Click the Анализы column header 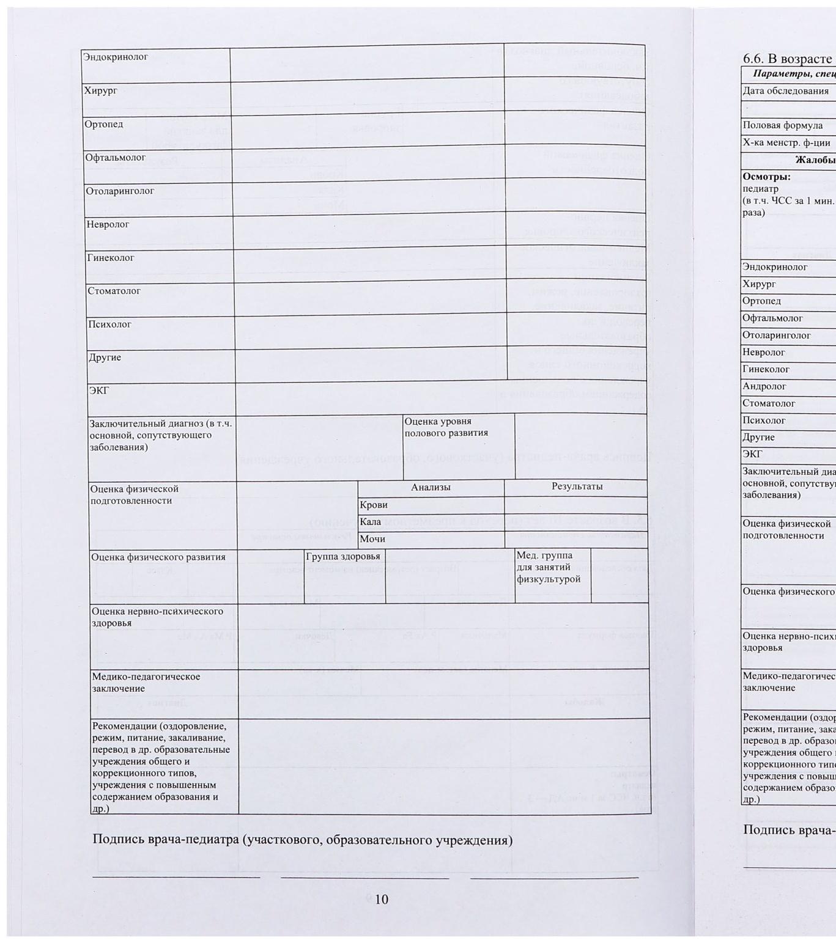(x=431, y=487)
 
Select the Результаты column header (x=577, y=486)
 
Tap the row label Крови (x=374, y=505)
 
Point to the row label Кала (x=371, y=522)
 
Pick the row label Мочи (x=372, y=539)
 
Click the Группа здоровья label (x=343, y=556)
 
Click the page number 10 (x=381, y=899)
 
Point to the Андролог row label (x=764, y=386)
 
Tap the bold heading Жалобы (x=815, y=160)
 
